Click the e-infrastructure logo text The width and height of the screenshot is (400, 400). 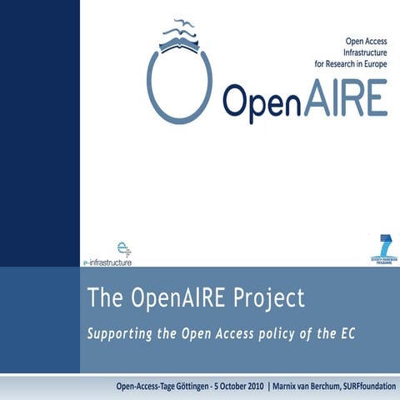pyautogui.click(x=112, y=260)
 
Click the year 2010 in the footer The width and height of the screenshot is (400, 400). pyautogui.click(x=250, y=387)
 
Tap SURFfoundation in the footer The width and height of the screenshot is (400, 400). pyautogui.click(x=364, y=387)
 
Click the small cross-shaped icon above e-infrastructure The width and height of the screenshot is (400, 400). pyautogui.click(x=124, y=247)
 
